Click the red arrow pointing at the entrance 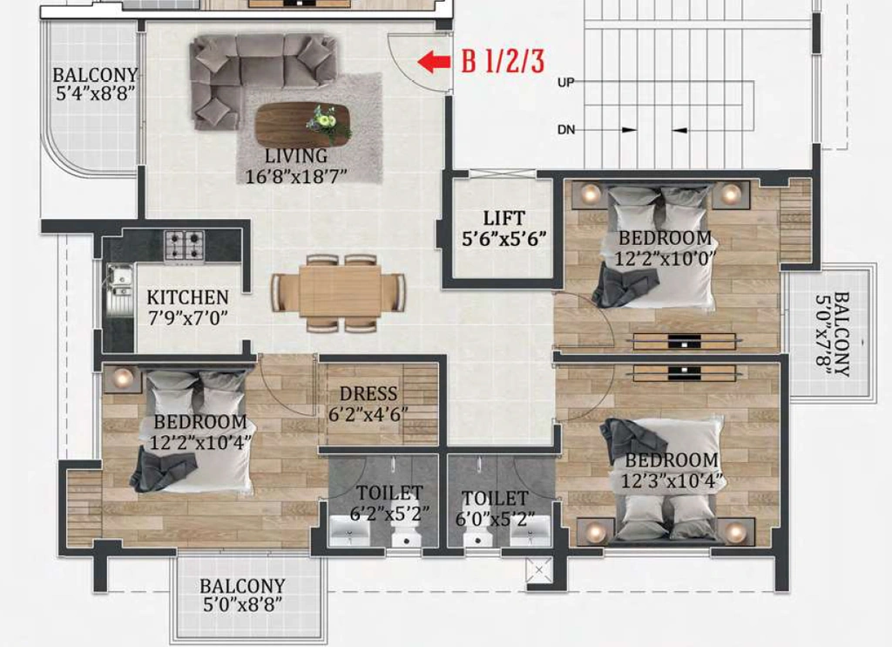point(434,62)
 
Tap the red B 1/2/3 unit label point(503,61)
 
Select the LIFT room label point(503,218)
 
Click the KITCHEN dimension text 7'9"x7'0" point(188,317)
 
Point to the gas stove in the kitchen point(185,246)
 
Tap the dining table point(340,293)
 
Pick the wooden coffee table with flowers point(302,124)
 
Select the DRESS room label point(368,393)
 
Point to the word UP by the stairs point(565,83)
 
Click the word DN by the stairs point(566,130)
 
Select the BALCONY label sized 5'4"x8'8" point(95,84)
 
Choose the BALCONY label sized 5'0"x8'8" point(242,596)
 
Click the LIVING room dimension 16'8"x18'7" point(296,176)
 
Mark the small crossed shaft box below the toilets point(538,569)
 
